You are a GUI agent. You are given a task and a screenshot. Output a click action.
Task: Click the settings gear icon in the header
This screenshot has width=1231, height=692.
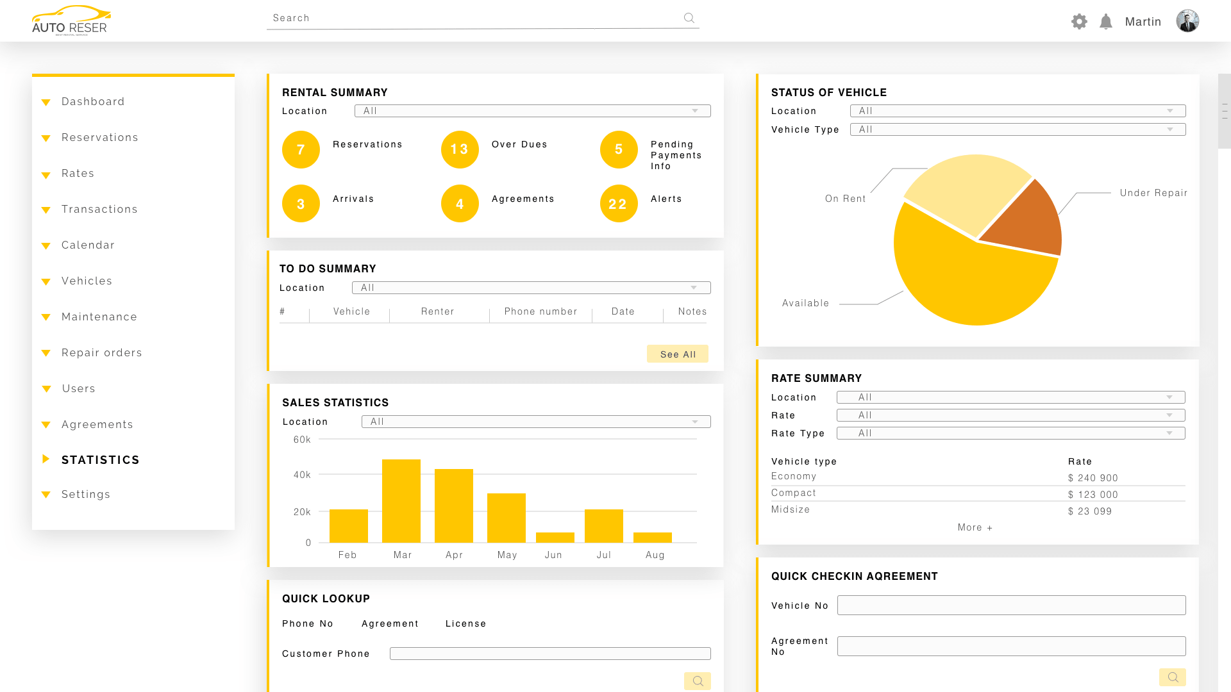pyautogui.click(x=1079, y=22)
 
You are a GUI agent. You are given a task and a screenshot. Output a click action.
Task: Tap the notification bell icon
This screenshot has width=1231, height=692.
pyautogui.click(x=1106, y=22)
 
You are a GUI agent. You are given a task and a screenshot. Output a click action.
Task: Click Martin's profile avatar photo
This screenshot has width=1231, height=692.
pyautogui.click(x=1187, y=21)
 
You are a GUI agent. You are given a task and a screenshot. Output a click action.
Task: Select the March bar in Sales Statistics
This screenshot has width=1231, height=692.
pyautogui.click(x=401, y=501)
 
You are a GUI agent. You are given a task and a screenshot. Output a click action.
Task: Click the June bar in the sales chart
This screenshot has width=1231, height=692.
pyautogui.click(x=555, y=538)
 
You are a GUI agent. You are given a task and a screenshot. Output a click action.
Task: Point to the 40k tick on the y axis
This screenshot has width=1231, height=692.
pyautogui.click(x=302, y=475)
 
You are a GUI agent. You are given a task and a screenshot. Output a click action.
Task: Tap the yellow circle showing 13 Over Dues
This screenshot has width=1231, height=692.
pyautogui.click(x=460, y=149)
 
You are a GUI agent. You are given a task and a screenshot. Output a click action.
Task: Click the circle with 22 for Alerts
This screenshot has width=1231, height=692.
pyautogui.click(x=619, y=204)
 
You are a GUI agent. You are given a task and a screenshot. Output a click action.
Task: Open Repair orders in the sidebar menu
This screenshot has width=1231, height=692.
pyautogui.click(x=101, y=353)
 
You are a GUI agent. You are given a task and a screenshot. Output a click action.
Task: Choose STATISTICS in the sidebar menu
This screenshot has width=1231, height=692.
pyautogui.click(x=100, y=460)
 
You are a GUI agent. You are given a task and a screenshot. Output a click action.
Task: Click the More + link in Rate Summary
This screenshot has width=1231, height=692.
pyautogui.click(x=975, y=527)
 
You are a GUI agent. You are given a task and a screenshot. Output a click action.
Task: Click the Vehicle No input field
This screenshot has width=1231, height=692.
pyautogui.click(x=1011, y=605)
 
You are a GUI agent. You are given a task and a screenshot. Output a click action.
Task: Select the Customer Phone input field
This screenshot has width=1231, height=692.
pyautogui.click(x=550, y=654)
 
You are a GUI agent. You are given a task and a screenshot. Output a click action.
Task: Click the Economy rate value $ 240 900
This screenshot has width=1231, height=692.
pyautogui.click(x=1093, y=478)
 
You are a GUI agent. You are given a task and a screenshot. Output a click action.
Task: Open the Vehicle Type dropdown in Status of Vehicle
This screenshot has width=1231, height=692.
pyautogui.click(x=1017, y=129)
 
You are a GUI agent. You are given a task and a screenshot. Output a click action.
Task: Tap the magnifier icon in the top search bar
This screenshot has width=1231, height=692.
pyautogui.click(x=689, y=18)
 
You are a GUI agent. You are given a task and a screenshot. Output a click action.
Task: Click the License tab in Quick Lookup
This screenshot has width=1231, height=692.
pyautogui.click(x=465, y=623)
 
